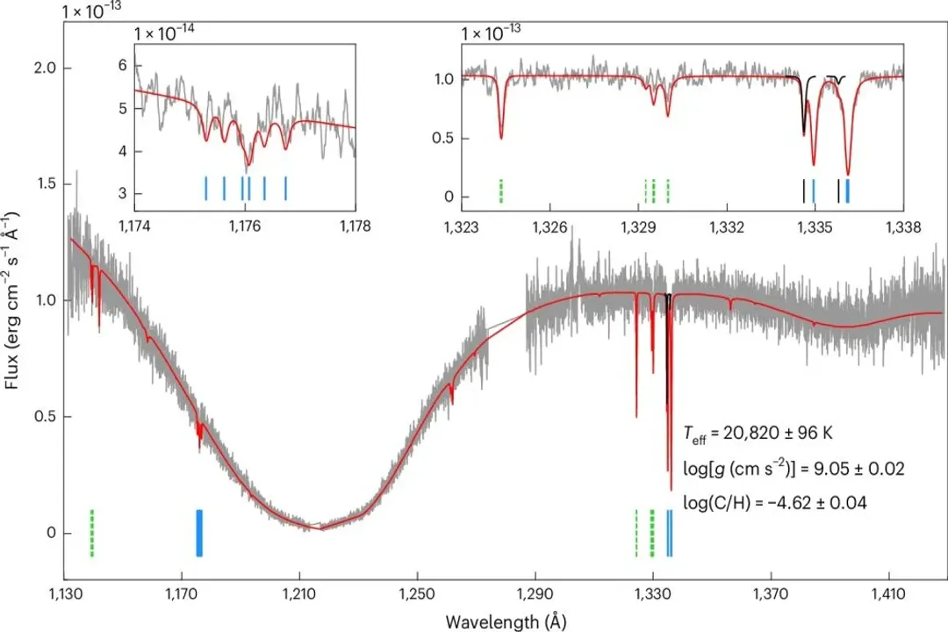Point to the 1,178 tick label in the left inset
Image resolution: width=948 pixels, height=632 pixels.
click(355, 226)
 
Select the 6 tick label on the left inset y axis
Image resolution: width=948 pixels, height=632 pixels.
click(123, 66)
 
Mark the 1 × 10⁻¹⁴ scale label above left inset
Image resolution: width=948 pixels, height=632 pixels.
click(164, 32)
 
